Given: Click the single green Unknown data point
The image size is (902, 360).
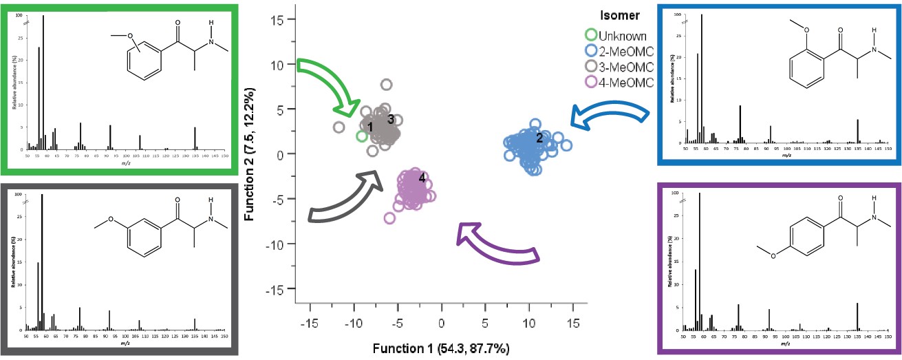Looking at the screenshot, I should [362, 136].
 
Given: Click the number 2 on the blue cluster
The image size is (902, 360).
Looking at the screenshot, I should [539, 138].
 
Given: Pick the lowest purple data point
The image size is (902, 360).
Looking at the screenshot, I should [389, 219].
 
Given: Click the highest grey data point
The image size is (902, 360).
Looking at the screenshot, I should [387, 85].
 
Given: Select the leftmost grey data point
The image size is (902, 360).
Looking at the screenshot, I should [339, 127].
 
